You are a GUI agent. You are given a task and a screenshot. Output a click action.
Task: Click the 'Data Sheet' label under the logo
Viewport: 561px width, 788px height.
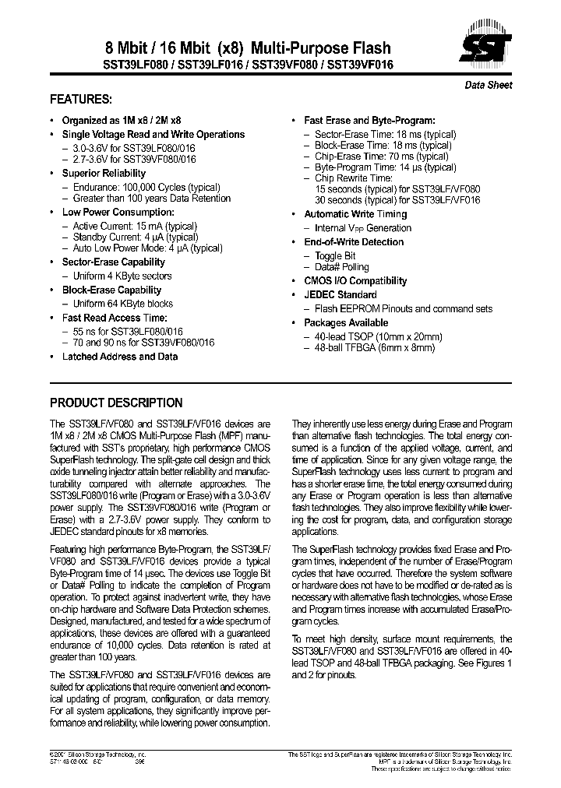coord(489,86)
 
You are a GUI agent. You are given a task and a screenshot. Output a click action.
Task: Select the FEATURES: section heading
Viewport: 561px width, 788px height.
coord(81,100)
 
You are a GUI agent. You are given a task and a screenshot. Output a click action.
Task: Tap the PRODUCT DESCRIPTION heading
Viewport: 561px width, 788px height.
coord(116,403)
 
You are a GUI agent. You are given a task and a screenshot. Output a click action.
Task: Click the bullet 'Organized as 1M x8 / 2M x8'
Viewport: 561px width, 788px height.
coord(122,121)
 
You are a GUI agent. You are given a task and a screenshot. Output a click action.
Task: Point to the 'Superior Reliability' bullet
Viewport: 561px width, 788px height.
coord(104,173)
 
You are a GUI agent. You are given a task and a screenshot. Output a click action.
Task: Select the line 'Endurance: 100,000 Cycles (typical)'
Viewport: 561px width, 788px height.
coord(146,187)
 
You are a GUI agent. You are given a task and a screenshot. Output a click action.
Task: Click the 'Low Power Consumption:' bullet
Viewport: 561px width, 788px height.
coord(118,212)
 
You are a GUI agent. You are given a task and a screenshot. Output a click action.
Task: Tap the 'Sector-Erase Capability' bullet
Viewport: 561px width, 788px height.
coord(114,262)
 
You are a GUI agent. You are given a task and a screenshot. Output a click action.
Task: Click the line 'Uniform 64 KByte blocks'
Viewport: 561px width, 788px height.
coord(123,304)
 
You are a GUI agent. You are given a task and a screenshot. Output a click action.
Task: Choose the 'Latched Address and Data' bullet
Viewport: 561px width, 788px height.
coord(120,357)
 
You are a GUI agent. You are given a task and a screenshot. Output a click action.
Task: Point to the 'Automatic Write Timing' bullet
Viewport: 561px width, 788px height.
coord(355,214)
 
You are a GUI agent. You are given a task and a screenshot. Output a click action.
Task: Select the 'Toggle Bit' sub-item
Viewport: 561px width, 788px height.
coord(335,256)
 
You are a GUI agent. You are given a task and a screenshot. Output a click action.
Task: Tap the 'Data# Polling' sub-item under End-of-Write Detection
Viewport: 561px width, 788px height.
coord(342,267)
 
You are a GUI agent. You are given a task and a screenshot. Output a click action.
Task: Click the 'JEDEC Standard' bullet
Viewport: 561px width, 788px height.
coord(340,295)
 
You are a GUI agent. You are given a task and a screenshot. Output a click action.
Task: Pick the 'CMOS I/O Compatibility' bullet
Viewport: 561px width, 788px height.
coord(355,281)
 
